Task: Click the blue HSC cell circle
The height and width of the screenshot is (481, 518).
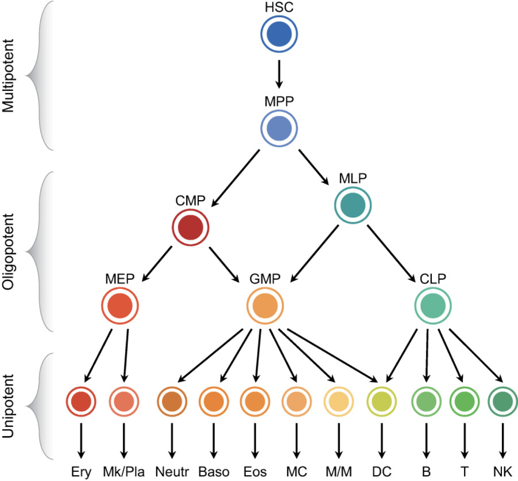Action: [279, 34]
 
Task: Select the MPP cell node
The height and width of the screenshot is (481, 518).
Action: [279, 129]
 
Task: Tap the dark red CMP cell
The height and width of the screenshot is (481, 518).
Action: [190, 228]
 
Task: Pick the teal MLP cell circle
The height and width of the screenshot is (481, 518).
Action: [353, 205]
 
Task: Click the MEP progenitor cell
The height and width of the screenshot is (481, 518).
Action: [120, 305]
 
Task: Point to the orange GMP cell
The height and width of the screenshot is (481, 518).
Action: [265, 305]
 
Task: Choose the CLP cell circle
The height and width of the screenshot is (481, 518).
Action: [433, 305]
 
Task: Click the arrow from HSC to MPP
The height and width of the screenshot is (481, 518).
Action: [279, 74]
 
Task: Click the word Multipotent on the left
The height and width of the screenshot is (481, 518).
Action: [8, 75]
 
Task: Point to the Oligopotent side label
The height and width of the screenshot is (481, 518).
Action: [8, 252]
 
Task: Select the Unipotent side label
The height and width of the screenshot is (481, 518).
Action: [8, 406]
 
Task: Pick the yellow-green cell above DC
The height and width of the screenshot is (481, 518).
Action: [382, 401]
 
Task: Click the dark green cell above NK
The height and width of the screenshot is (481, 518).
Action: [502, 401]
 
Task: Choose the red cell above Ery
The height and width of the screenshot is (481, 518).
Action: [81, 401]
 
